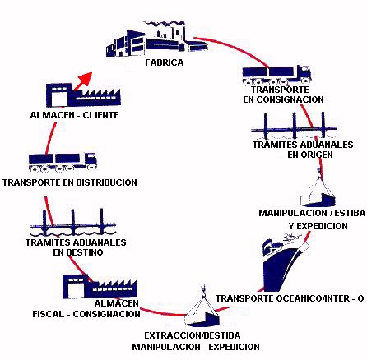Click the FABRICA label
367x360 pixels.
coord(165,62)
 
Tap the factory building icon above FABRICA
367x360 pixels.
coord(156,39)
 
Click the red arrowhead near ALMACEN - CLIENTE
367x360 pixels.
coord(86,77)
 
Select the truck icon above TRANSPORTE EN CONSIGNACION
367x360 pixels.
coord(276,74)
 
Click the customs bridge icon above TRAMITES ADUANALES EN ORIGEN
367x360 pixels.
coord(295,127)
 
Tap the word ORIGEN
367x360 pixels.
coord(310,155)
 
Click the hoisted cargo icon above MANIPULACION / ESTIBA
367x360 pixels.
coord(318,190)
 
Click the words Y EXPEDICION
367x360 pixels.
coord(318,226)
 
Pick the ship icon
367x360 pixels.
coord(286,262)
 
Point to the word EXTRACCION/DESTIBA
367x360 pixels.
coord(193,335)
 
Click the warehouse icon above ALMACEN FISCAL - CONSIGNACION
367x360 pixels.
coord(100,287)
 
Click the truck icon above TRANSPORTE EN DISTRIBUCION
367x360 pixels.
coord(63,163)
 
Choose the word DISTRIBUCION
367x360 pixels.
coord(106,182)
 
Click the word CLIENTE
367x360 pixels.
coord(101,115)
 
